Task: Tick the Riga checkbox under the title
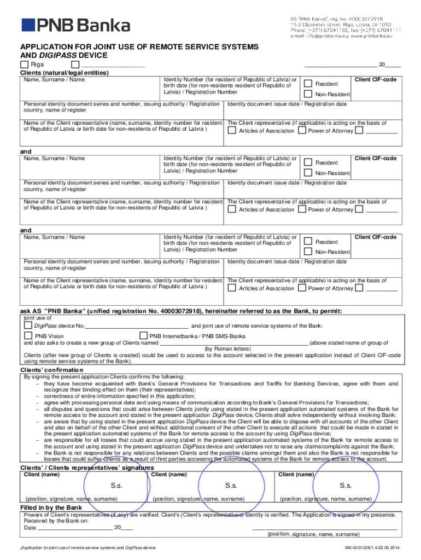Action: click(x=24, y=65)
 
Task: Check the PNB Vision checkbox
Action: click(x=28, y=335)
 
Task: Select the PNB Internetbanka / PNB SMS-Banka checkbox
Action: click(x=144, y=335)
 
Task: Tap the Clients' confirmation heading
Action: click(x=51, y=370)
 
